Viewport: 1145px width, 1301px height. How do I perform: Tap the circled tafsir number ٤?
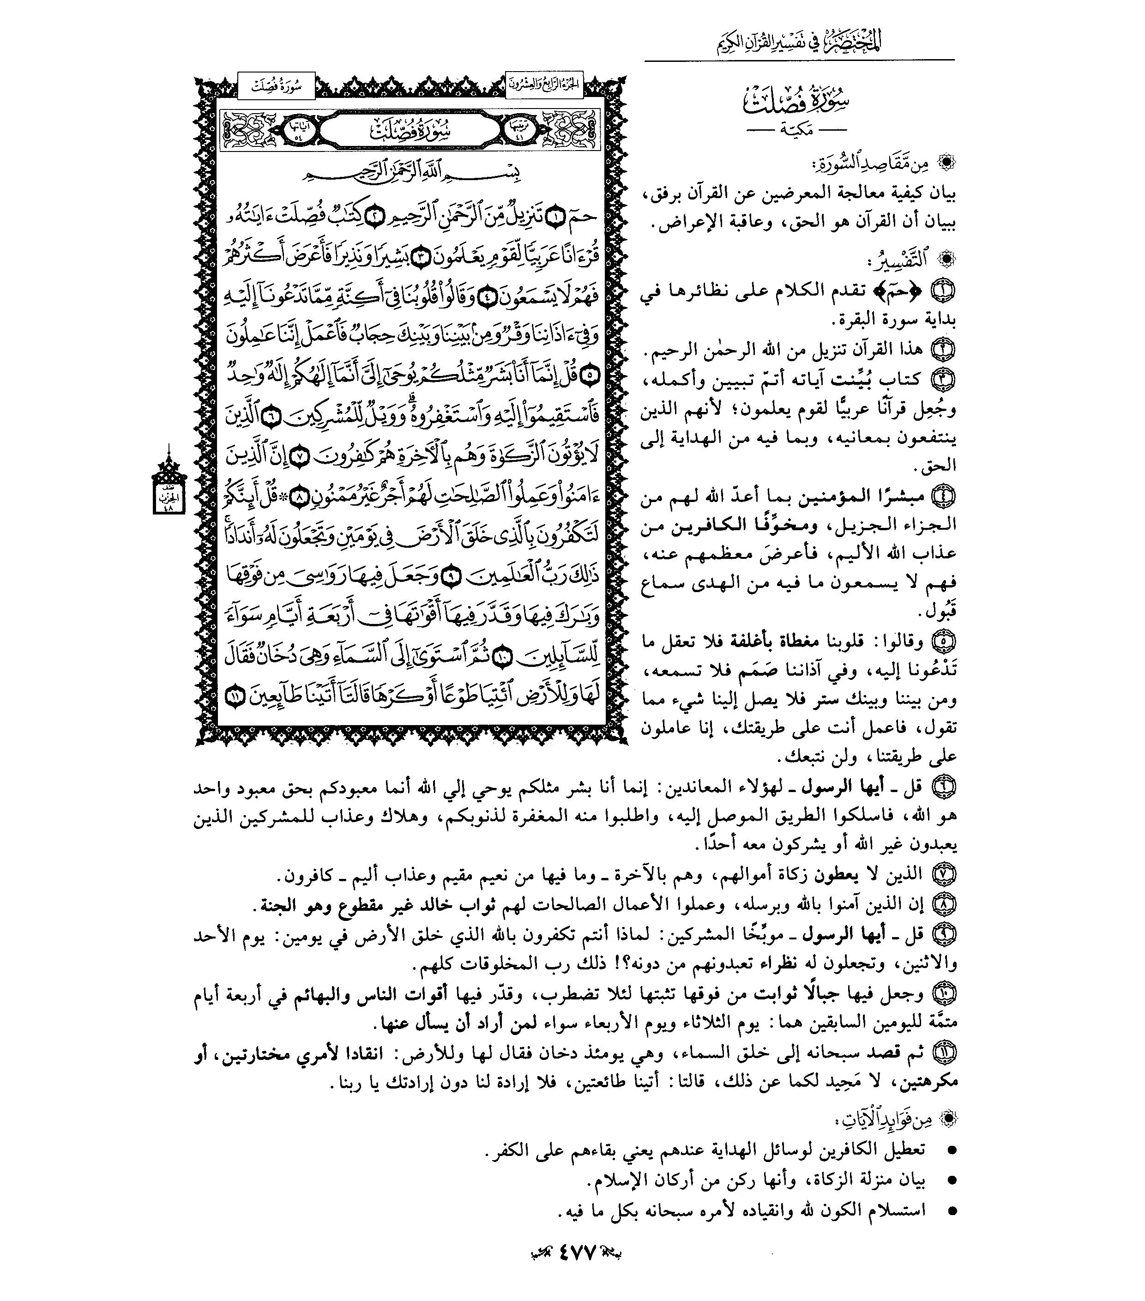pos(944,495)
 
